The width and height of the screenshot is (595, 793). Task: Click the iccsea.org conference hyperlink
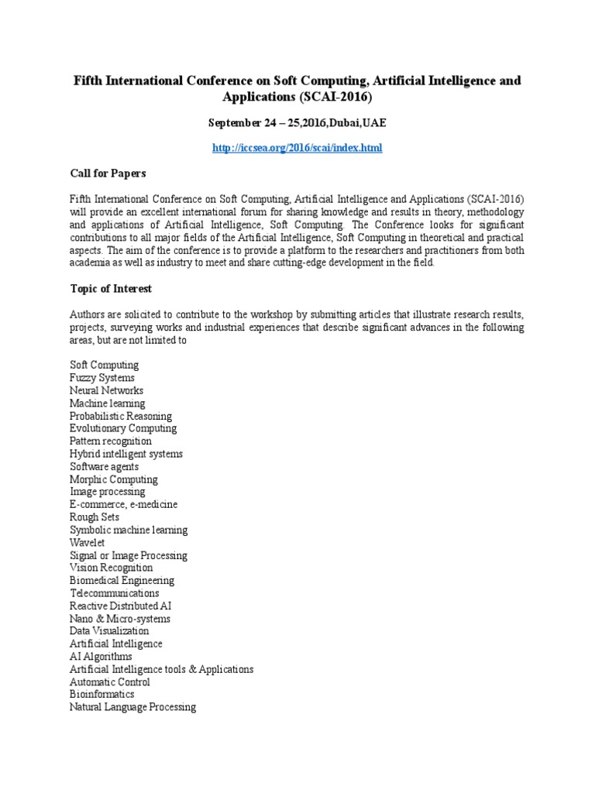tap(297, 147)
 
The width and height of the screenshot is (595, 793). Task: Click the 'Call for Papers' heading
tap(108, 173)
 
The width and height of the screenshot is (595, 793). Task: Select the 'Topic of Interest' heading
tap(111, 289)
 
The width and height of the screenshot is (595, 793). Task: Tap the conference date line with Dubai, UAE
tap(297, 122)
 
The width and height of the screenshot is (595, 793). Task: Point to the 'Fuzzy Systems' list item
tap(102, 377)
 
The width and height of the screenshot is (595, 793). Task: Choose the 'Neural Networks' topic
tap(106, 390)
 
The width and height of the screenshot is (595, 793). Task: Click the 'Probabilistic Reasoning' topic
tap(121, 416)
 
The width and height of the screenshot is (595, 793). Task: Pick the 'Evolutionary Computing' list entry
tap(123, 428)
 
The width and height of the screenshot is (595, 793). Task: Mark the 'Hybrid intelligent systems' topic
tap(126, 454)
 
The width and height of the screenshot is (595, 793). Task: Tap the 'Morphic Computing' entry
tap(114, 479)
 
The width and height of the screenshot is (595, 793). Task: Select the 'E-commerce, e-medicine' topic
tap(124, 504)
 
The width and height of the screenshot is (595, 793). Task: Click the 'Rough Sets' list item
tap(95, 517)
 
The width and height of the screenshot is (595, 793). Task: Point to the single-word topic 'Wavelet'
tap(88, 543)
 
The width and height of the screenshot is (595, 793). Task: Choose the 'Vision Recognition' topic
tap(112, 568)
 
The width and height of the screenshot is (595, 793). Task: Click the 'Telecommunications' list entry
tap(115, 593)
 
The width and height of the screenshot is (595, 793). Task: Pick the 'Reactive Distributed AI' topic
tap(121, 606)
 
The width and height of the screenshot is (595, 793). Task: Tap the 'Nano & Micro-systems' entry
tap(120, 619)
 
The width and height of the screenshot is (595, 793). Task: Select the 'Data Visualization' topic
tap(109, 631)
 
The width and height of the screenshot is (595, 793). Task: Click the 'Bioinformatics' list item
tap(102, 695)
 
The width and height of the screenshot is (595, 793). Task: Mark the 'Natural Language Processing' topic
tap(132, 707)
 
